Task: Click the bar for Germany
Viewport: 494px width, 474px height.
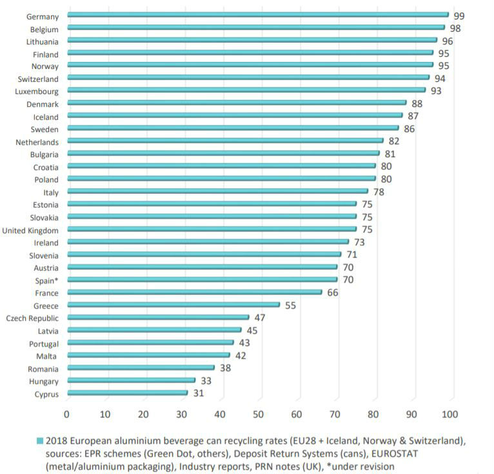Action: (x=258, y=14)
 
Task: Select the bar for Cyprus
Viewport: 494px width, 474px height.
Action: (x=128, y=393)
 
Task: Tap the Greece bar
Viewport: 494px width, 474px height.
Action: (x=173, y=305)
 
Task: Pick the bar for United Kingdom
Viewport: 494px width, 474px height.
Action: (x=212, y=229)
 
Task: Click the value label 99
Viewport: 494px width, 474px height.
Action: (x=459, y=15)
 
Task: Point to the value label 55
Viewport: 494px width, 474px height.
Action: (x=290, y=305)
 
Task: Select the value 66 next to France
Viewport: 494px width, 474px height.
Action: (x=332, y=292)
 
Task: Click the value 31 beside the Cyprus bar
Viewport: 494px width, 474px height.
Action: (x=198, y=393)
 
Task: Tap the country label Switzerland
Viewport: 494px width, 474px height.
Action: (x=37, y=79)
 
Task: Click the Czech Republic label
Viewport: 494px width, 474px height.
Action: (x=32, y=318)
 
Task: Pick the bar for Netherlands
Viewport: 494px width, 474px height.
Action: (x=225, y=140)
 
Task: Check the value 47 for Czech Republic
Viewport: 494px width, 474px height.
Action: (x=259, y=318)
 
